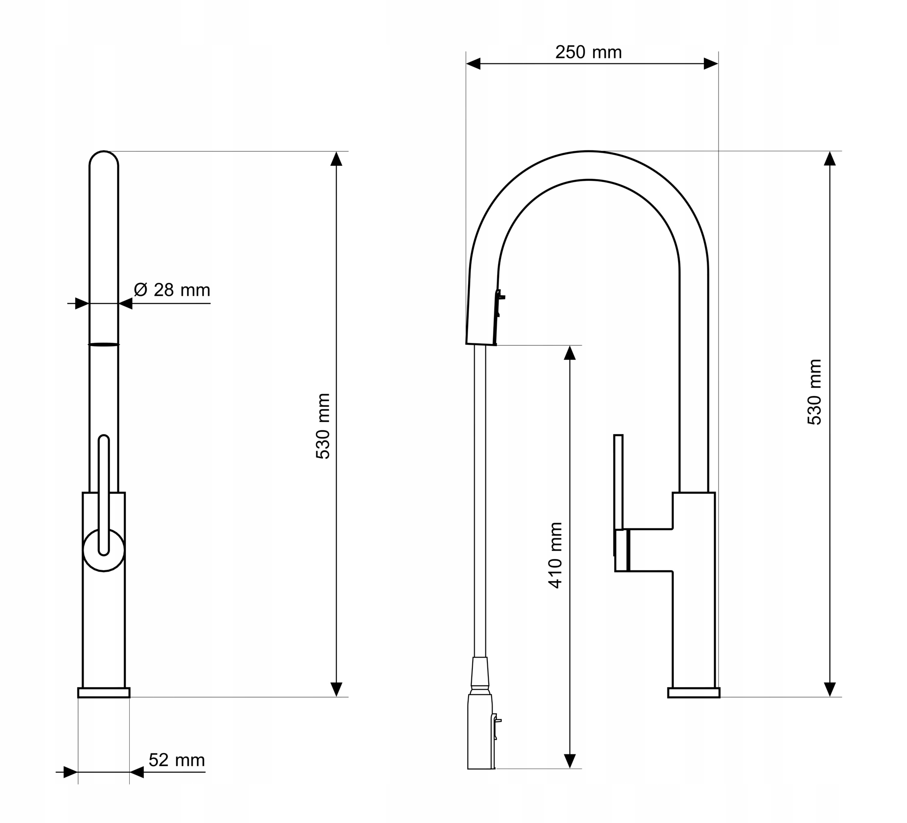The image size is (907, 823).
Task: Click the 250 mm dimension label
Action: pos(588,52)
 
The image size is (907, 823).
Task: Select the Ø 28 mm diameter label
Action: pos(172,290)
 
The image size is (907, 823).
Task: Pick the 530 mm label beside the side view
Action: pos(814,392)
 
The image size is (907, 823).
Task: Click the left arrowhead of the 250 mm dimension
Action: pos(473,64)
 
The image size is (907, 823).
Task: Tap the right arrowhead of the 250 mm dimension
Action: pos(711,64)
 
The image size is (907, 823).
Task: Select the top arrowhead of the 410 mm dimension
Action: pos(570,353)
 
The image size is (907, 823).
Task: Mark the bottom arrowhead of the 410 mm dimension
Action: pos(570,761)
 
